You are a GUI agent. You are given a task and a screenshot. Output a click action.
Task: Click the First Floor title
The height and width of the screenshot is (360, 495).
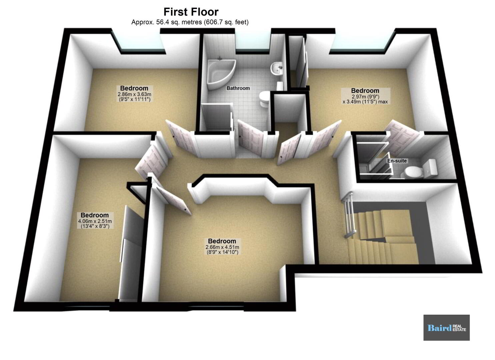click(191, 12)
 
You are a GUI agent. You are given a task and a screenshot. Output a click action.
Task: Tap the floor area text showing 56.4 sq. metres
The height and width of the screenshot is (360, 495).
click(190, 22)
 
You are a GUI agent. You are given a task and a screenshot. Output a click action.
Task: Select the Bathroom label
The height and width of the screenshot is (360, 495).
click(238, 88)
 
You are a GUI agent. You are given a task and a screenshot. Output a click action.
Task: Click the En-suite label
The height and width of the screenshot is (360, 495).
click(397, 161)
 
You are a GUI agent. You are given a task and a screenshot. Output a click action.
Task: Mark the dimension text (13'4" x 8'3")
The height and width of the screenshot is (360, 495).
click(95, 226)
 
